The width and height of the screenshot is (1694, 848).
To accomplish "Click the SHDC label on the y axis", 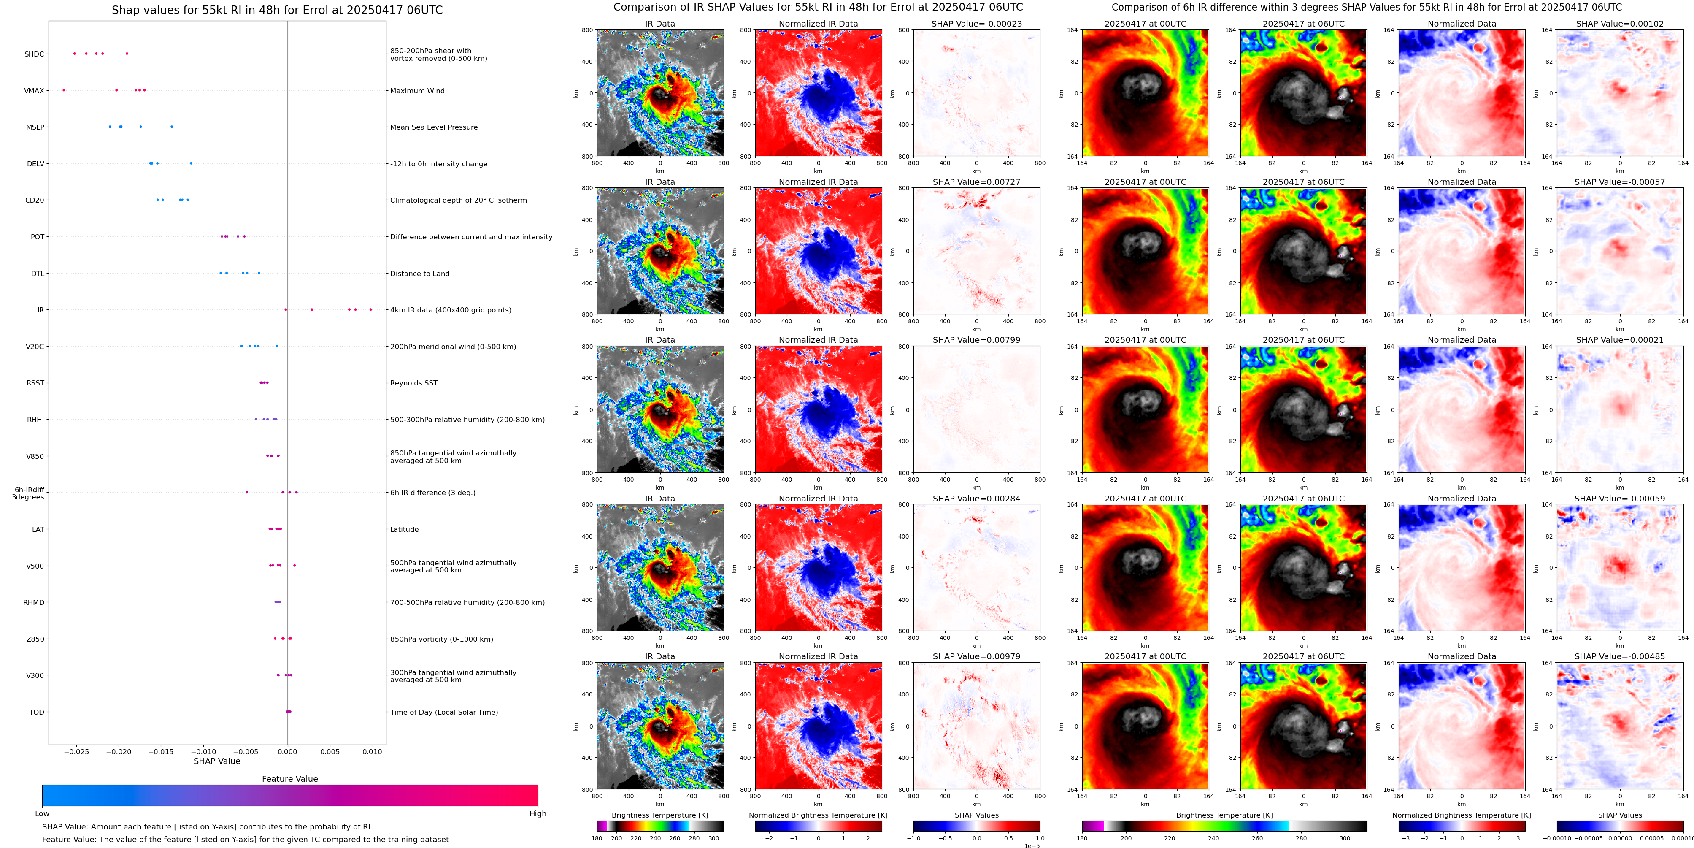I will pyautogui.click(x=34, y=54).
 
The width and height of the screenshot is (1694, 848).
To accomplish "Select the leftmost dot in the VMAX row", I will pyautogui.click(x=64, y=90).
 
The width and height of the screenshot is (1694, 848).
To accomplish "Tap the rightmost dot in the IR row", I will pyautogui.click(x=370, y=309).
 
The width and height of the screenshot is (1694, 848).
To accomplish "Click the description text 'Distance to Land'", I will pyautogui.click(x=419, y=274).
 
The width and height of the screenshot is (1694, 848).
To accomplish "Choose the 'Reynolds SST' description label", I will pyautogui.click(x=413, y=383).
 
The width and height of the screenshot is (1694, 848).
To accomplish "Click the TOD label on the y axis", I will pyautogui.click(x=37, y=712).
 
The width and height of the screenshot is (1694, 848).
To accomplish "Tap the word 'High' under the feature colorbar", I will pyautogui.click(x=537, y=814).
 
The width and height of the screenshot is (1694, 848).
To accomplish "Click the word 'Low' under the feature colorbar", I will pyautogui.click(x=42, y=814).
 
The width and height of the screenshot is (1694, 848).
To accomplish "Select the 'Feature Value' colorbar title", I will pyautogui.click(x=289, y=779).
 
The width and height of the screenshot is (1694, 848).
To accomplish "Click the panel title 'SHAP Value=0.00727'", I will pyautogui.click(x=976, y=182).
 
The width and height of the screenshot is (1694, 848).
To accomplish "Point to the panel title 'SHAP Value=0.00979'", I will pyautogui.click(x=976, y=656).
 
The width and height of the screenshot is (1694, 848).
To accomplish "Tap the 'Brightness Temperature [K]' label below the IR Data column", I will pyautogui.click(x=659, y=815).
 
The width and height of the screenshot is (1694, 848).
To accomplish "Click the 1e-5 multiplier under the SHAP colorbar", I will pyautogui.click(x=1031, y=845).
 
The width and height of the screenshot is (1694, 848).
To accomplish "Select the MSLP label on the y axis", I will pyautogui.click(x=35, y=127).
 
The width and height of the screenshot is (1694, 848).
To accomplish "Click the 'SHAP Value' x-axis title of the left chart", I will pyautogui.click(x=216, y=761).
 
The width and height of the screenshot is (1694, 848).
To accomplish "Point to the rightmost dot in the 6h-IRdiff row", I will pyautogui.click(x=296, y=492).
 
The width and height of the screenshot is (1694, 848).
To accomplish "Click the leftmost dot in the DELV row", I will pyautogui.click(x=150, y=163).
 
